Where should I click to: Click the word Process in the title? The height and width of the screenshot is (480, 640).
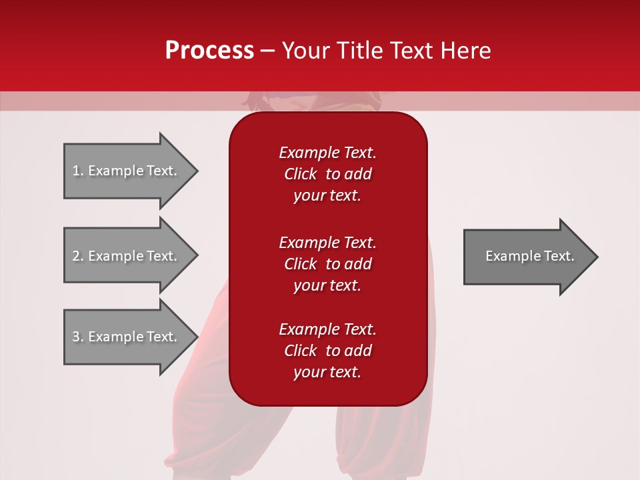coord(209,50)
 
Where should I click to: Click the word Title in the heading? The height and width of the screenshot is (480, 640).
coord(357,50)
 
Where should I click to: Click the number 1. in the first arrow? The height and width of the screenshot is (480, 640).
coord(78,171)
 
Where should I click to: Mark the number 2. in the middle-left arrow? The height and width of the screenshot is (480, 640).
coord(78,256)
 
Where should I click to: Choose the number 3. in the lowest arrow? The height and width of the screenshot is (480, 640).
coord(78,337)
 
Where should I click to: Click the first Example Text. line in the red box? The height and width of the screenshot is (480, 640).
coord(327,153)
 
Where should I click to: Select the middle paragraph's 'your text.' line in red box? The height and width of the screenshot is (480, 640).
coord(327,285)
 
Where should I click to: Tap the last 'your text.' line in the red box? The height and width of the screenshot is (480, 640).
coord(327,372)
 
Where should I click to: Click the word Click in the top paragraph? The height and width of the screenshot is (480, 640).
coord(301,174)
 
